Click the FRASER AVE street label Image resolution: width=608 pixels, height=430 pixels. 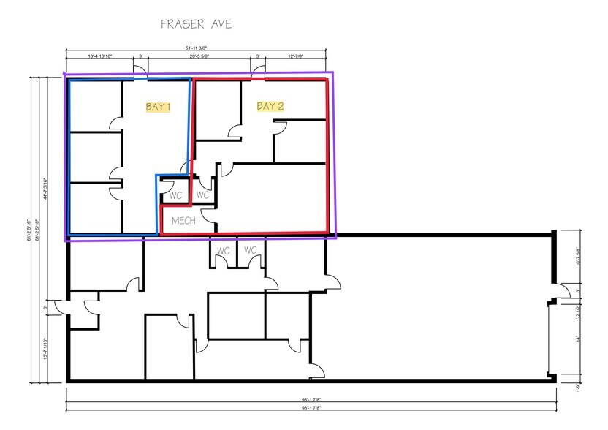tap(197, 24)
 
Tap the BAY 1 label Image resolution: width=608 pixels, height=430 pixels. tap(158, 107)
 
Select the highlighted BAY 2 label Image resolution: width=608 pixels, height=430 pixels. tap(270, 107)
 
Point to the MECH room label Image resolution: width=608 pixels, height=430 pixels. tap(184, 219)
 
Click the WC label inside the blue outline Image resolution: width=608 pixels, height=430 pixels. tap(175, 196)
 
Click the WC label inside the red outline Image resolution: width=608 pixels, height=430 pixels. tap(203, 196)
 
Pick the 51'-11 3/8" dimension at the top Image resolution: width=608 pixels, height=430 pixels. tap(196, 48)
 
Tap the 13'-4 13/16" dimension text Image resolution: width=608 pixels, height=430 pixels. tap(99, 56)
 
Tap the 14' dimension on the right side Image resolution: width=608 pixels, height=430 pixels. tap(578, 339)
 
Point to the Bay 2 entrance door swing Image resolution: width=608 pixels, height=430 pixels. tap(259, 72)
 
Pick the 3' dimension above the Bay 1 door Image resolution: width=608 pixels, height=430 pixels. tap(140, 56)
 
